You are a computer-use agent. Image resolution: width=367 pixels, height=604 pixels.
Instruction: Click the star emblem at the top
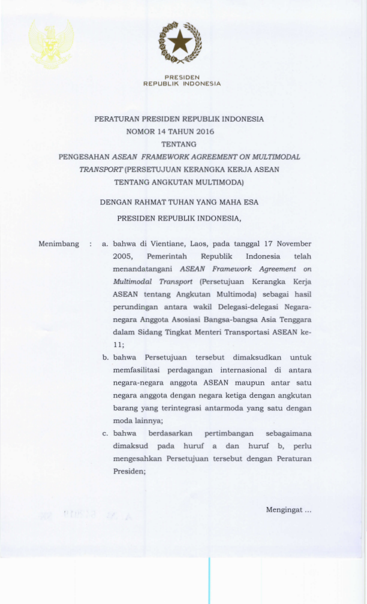(x=179, y=42)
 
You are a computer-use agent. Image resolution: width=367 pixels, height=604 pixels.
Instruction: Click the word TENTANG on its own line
(x=179, y=144)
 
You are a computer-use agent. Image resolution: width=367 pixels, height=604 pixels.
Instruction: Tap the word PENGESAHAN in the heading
(x=84, y=156)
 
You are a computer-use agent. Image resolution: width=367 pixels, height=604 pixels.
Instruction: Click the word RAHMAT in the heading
(x=152, y=203)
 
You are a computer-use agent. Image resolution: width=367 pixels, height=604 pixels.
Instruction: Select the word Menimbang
(x=59, y=244)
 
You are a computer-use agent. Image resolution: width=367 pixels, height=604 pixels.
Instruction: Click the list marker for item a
(x=105, y=244)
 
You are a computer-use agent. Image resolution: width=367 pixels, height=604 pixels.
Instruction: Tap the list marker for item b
(x=105, y=358)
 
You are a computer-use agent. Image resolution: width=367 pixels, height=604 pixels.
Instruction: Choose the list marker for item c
(x=105, y=433)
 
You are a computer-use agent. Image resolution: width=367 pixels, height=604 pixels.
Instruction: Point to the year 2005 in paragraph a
(x=122, y=256)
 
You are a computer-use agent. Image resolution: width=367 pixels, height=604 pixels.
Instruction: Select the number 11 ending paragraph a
(x=117, y=345)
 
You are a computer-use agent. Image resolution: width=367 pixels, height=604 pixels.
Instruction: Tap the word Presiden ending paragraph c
(x=127, y=471)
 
